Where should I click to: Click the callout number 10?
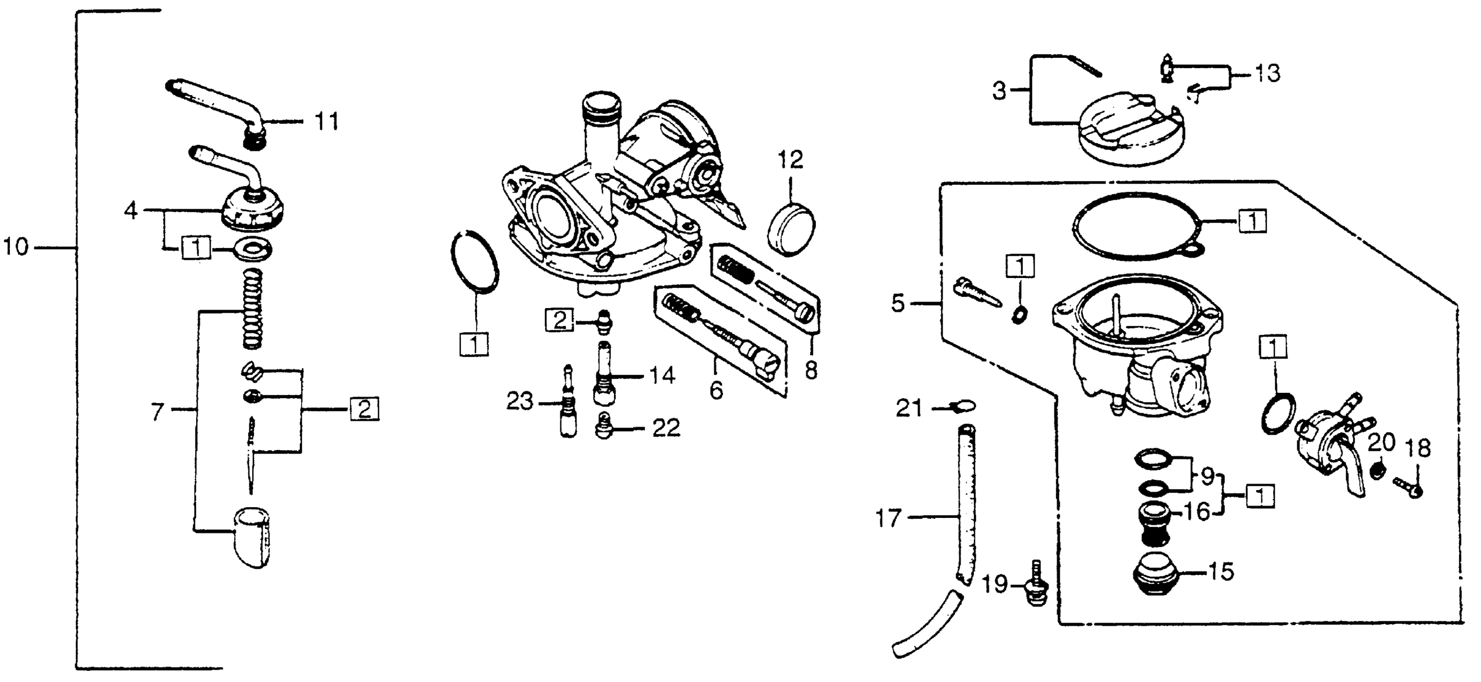pos(16,248)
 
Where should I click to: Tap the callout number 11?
pos(327,122)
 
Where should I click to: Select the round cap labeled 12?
pos(791,229)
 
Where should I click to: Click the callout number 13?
pos(1268,74)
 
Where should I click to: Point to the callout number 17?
pos(888,519)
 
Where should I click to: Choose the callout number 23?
pos(519,402)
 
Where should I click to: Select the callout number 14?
pos(662,376)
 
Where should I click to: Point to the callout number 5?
pos(898,303)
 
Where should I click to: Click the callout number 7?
pos(158,412)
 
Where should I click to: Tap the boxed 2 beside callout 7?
pos(364,410)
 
